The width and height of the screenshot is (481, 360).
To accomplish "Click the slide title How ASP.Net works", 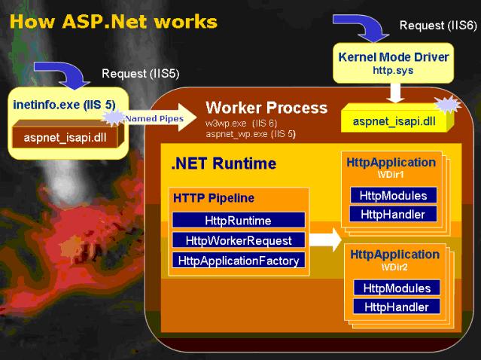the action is [x=114, y=22].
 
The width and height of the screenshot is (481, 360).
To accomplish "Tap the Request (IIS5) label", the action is [x=141, y=74].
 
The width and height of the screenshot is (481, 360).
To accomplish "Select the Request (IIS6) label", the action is [x=438, y=25].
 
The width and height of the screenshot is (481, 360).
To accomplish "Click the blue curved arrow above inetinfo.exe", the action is [x=62, y=75].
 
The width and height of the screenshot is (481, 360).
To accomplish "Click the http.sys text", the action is [x=393, y=70].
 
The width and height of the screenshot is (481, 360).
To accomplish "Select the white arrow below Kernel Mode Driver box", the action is [x=395, y=93].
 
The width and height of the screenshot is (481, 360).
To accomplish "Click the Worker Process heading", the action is [x=266, y=108].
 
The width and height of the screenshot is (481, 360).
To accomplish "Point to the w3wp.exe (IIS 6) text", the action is [x=241, y=124].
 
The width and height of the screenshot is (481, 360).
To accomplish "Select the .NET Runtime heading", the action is [x=224, y=163].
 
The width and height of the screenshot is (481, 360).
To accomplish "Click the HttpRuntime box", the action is [x=239, y=220].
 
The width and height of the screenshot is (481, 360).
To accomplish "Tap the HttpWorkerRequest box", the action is [x=239, y=240].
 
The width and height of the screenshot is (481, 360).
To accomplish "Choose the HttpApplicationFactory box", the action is [x=239, y=261].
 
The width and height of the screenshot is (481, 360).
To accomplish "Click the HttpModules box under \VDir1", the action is [x=393, y=196].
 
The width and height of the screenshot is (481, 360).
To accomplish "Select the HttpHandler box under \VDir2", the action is [x=397, y=307].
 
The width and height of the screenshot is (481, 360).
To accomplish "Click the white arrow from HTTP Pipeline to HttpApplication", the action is [x=325, y=239].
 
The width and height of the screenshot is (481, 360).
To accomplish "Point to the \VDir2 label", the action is [x=394, y=267].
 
